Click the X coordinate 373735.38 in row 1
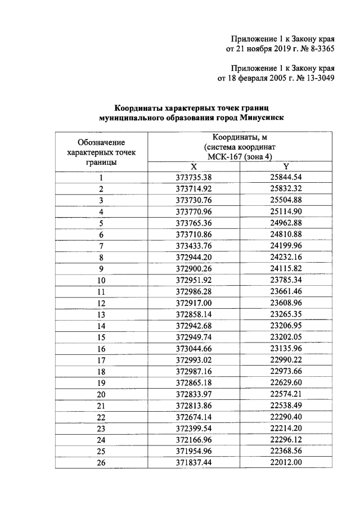click(193, 177)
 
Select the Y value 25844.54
click(286, 177)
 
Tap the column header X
click(193, 166)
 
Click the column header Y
click(286, 166)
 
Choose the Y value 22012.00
click(286, 462)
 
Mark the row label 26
click(101, 462)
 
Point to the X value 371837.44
click(193, 462)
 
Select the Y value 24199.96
click(286, 246)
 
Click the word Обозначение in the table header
click(101, 142)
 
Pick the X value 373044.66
click(193, 348)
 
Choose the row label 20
click(101, 394)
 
